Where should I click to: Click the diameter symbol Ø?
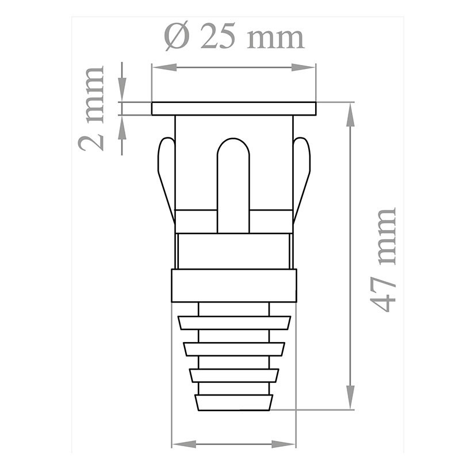click(176, 38)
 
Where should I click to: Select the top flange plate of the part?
click(233, 109)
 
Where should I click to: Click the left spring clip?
click(166, 172)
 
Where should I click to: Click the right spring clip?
click(301, 172)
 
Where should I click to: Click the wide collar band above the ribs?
click(234, 286)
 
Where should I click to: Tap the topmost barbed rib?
click(234, 323)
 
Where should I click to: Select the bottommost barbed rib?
click(234, 402)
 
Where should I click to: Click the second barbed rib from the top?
click(234, 349)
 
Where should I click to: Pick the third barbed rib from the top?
click(234, 375)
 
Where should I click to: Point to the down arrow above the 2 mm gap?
click(122, 92)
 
